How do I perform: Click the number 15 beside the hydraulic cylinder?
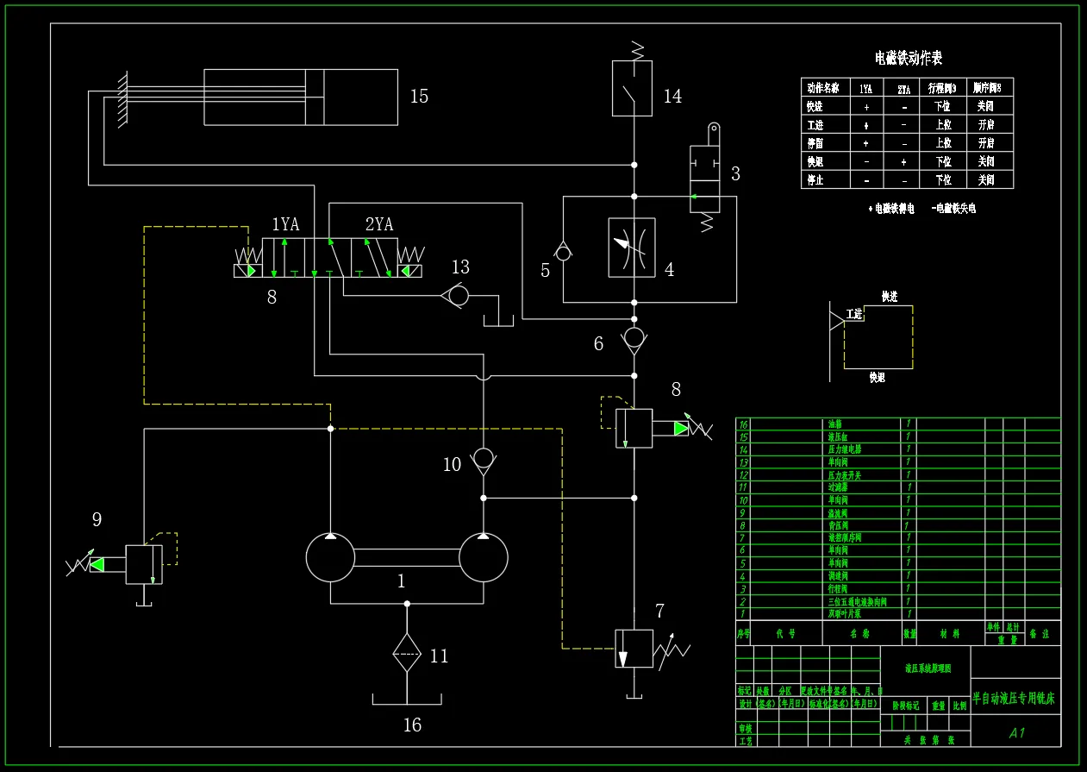pyautogui.click(x=419, y=96)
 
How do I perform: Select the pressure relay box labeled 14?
pyautogui.click(x=632, y=88)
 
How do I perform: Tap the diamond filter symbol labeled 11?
pyautogui.click(x=406, y=652)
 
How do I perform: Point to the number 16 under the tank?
pyautogui.click(x=412, y=725)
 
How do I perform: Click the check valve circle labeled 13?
pyautogui.click(x=459, y=296)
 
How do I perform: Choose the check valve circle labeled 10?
pyautogui.click(x=484, y=456)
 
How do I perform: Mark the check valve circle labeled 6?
pyautogui.click(x=634, y=336)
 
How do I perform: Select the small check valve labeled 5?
pyautogui.click(x=563, y=252)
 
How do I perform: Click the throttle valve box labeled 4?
pyautogui.click(x=632, y=248)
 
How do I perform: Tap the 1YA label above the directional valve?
pyautogui.click(x=285, y=224)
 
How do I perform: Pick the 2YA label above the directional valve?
pyautogui.click(x=378, y=224)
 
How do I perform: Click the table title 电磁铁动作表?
pyautogui.click(x=909, y=58)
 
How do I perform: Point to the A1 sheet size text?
pyautogui.click(x=1016, y=733)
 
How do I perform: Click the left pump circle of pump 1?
pyautogui.click(x=330, y=557)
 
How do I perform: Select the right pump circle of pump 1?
pyautogui.click(x=484, y=557)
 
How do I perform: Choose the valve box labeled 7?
pyautogui.click(x=634, y=648)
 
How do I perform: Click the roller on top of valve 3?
pyautogui.click(x=713, y=129)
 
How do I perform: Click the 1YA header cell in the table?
pyautogui.click(x=865, y=88)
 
